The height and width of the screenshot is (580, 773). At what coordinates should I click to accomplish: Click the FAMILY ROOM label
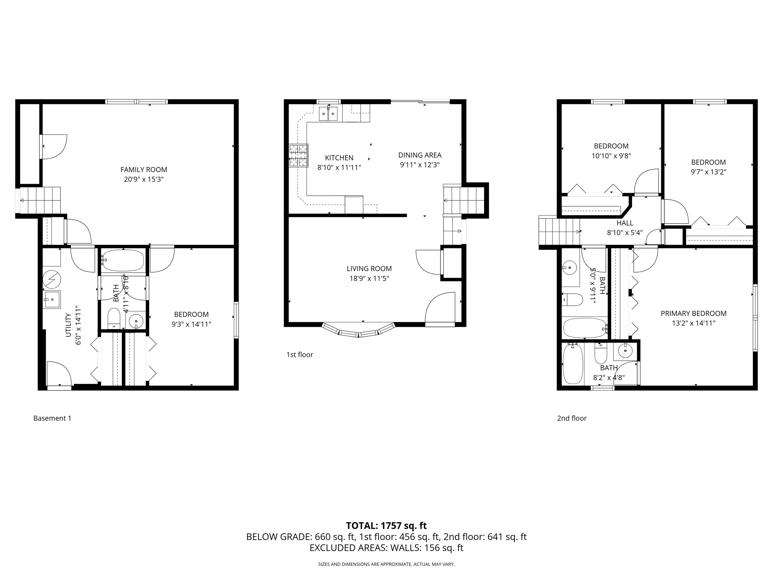144,170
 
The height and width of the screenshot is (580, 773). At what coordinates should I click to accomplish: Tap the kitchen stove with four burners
298,156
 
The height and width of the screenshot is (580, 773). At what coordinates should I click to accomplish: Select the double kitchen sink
328,114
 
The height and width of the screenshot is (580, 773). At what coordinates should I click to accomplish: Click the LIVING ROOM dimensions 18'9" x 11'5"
369,279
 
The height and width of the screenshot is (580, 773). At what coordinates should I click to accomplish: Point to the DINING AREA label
420,155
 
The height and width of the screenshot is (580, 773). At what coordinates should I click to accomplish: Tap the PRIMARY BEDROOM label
693,314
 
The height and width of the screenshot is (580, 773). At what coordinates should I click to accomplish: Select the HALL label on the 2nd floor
625,223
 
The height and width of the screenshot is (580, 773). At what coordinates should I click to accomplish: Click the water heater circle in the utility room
52,280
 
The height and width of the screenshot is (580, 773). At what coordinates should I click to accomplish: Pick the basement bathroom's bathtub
123,261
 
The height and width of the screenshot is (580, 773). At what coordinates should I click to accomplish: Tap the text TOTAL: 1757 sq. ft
386,525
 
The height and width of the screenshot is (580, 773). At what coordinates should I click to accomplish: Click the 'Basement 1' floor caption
52,418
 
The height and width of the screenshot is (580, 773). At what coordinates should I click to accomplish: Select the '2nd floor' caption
572,418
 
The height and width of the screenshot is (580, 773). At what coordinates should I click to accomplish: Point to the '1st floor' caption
299,354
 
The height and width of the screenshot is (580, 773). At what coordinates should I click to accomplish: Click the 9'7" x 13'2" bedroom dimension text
708,172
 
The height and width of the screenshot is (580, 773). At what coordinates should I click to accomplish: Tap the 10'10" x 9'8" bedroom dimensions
611,156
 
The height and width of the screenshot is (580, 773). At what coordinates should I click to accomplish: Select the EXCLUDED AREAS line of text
386,548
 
